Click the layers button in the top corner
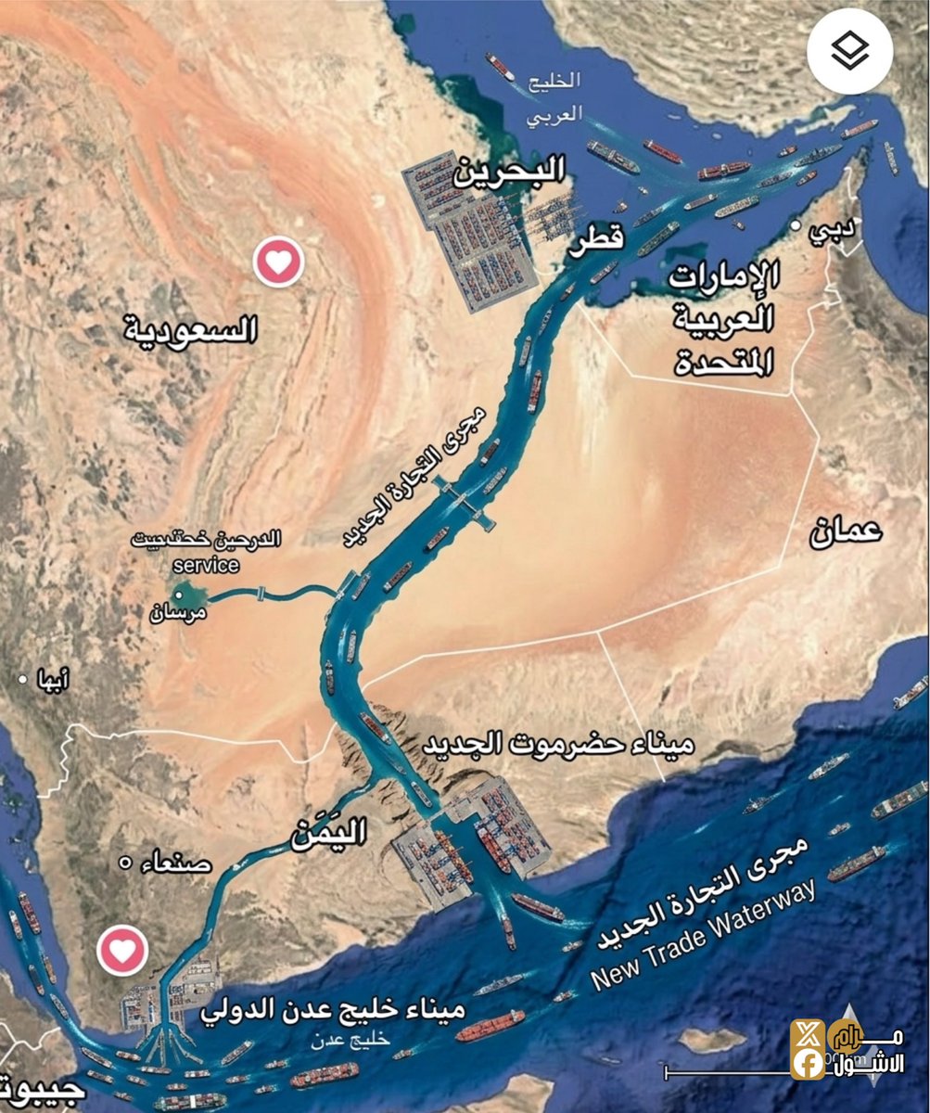pos(849,51)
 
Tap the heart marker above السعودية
pos(278,262)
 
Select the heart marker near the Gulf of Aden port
pos(122,950)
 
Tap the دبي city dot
pos(795,225)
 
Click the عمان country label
pos(846,531)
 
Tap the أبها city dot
pos(23,680)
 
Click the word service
pos(206,565)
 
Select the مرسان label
pos(179,612)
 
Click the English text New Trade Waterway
pos(705,935)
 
